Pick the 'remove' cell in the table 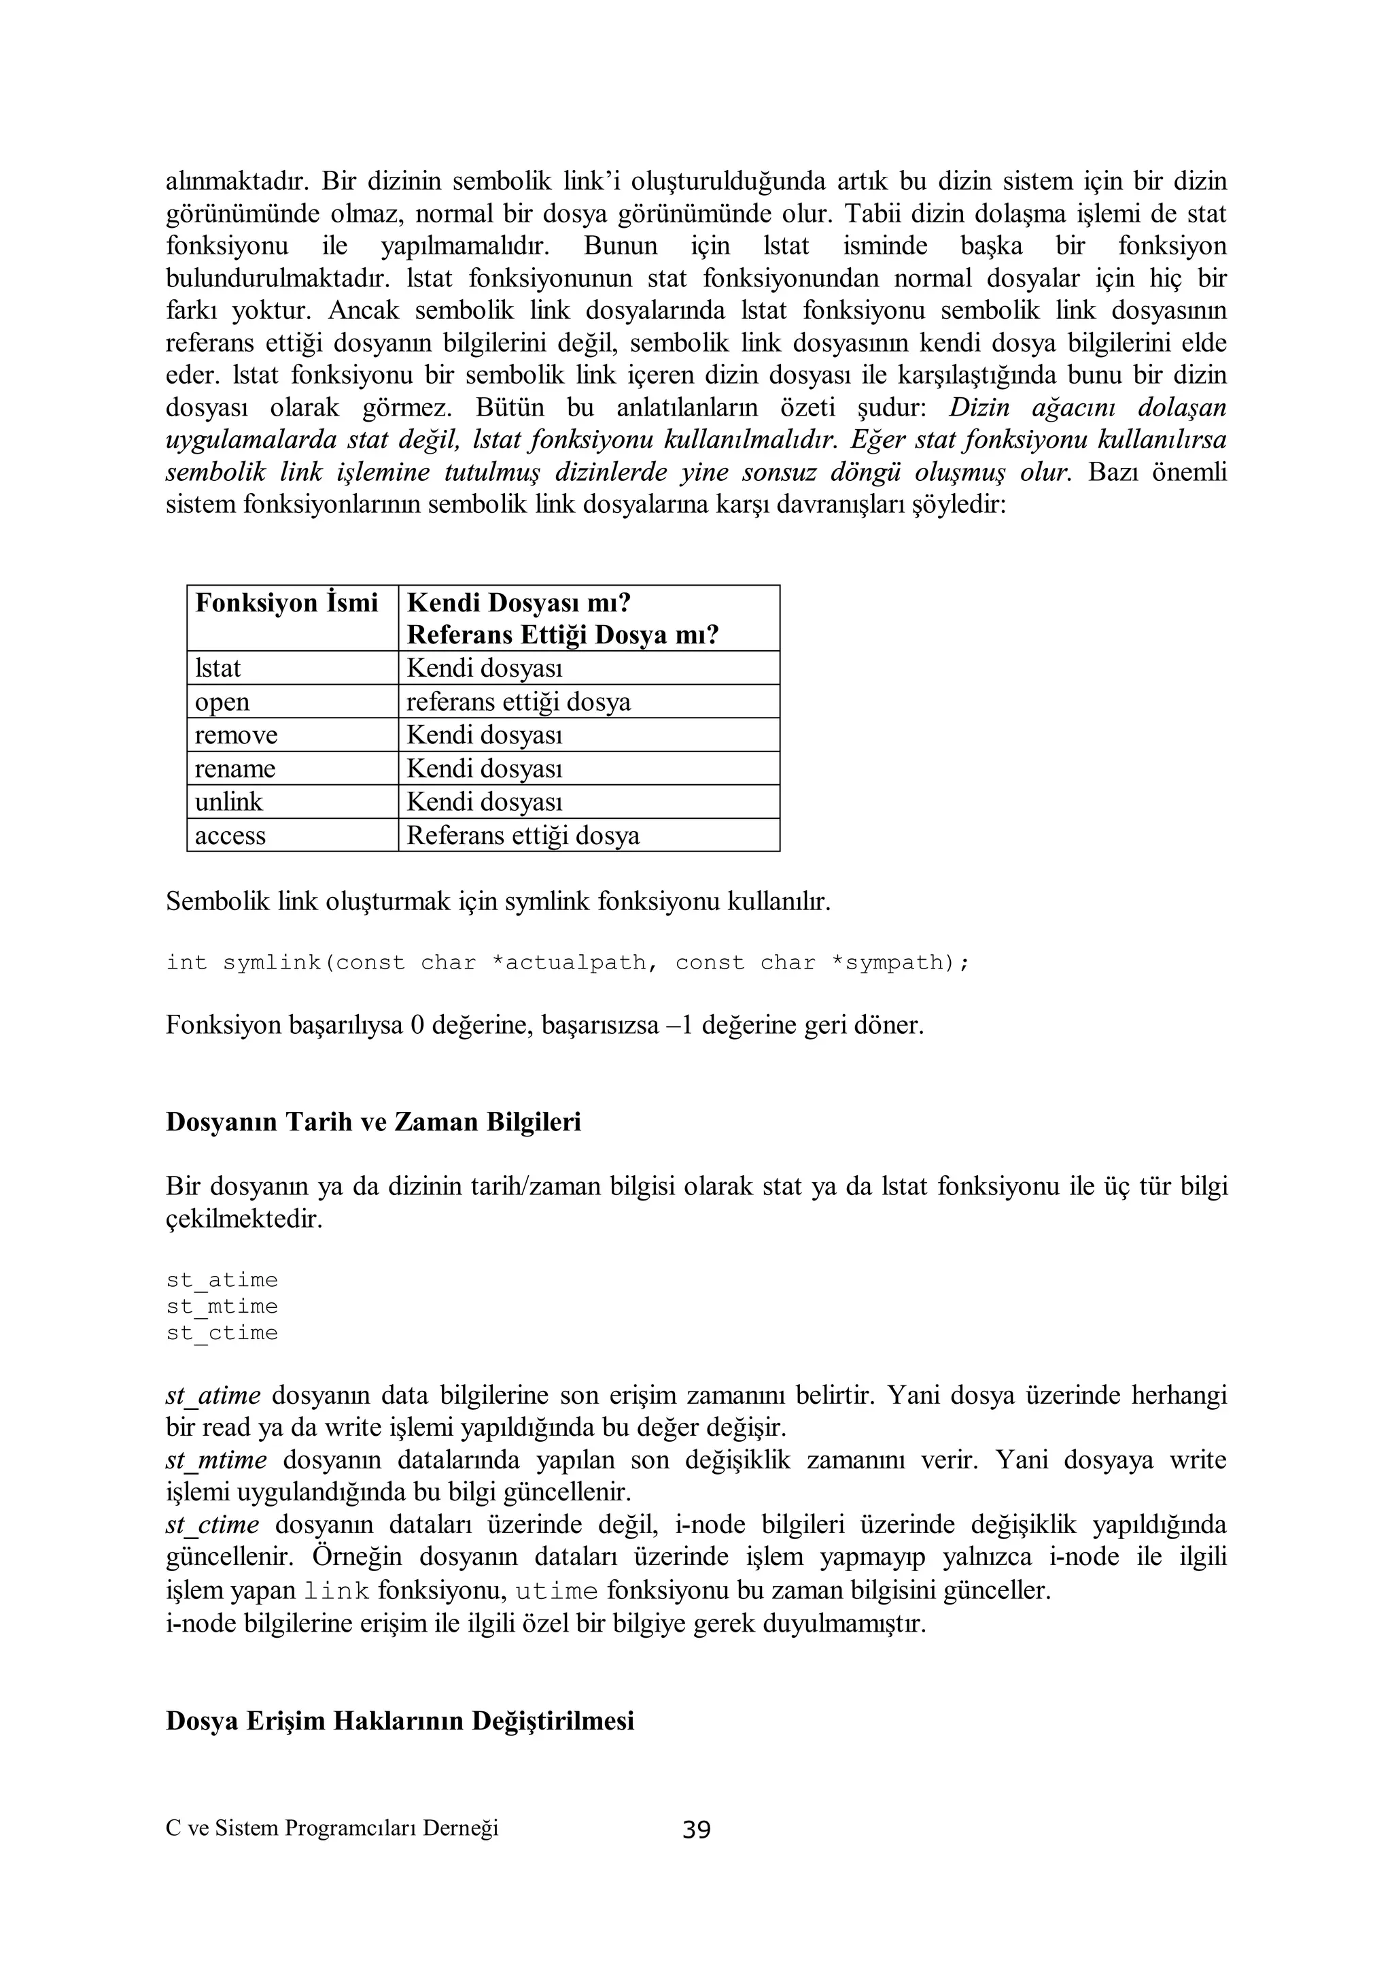click(236, 735)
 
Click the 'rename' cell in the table click(235, 769)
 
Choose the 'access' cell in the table click(230, 835)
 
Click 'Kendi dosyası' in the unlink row click(485, 802)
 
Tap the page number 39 click(696, 1831)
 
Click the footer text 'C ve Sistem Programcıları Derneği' click(332, 1828)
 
